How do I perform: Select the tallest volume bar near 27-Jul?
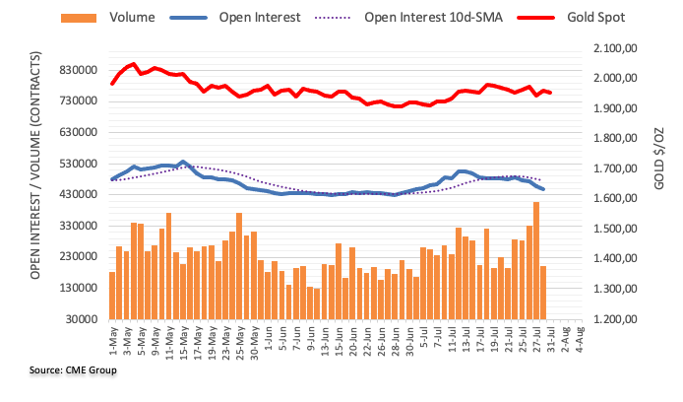[x=536, y=260]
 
